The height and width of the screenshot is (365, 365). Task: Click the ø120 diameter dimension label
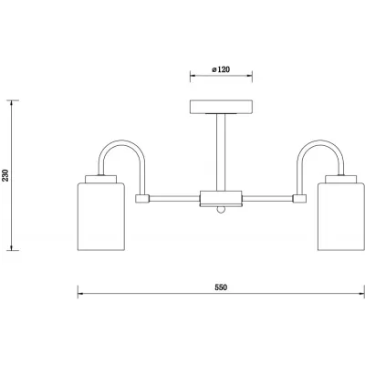pos(221,69)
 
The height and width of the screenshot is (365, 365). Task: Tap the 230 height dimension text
pos(6,175)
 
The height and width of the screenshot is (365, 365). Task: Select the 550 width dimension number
pos(221,287)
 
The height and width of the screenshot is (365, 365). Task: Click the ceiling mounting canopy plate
pos(221,107)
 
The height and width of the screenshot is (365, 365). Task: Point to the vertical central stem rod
pos(221,152)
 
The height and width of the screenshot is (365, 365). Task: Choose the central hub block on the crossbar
pos(221,198)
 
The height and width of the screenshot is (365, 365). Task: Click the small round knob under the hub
pos(221,210)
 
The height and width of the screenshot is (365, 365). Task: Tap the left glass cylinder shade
pos(101,216)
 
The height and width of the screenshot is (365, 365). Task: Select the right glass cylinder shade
pos(341,216)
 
